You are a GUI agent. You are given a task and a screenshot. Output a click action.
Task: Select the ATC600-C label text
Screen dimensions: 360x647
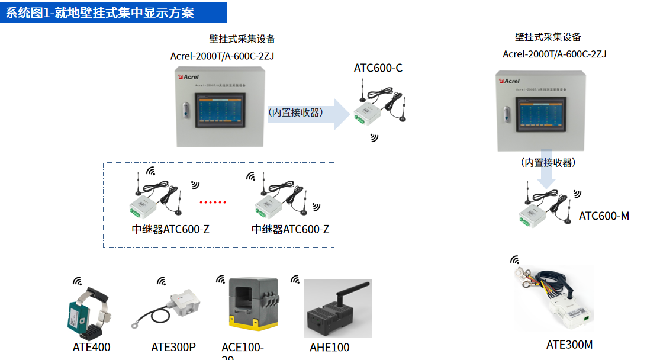(378, 68)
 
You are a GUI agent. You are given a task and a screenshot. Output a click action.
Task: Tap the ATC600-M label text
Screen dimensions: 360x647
(604, 216)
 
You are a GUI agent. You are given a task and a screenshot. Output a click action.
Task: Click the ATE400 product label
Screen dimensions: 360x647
(92, 348)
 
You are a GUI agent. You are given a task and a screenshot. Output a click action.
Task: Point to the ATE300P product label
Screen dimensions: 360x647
(173, 348)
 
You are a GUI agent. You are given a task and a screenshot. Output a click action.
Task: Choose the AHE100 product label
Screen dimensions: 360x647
(330, 348)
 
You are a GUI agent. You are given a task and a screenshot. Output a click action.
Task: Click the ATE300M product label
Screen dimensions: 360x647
(569, 345)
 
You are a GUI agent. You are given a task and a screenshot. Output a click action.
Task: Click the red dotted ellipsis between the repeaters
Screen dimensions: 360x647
(213, 202)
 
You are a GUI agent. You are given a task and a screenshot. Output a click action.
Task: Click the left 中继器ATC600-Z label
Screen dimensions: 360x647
(170, 229)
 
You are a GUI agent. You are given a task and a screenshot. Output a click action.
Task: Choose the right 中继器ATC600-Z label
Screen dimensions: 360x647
(290, 229)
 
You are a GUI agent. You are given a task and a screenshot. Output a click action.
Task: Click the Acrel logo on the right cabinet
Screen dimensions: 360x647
(510, 81)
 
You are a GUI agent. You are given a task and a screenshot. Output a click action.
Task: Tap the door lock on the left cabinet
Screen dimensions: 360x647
(186, 110)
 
